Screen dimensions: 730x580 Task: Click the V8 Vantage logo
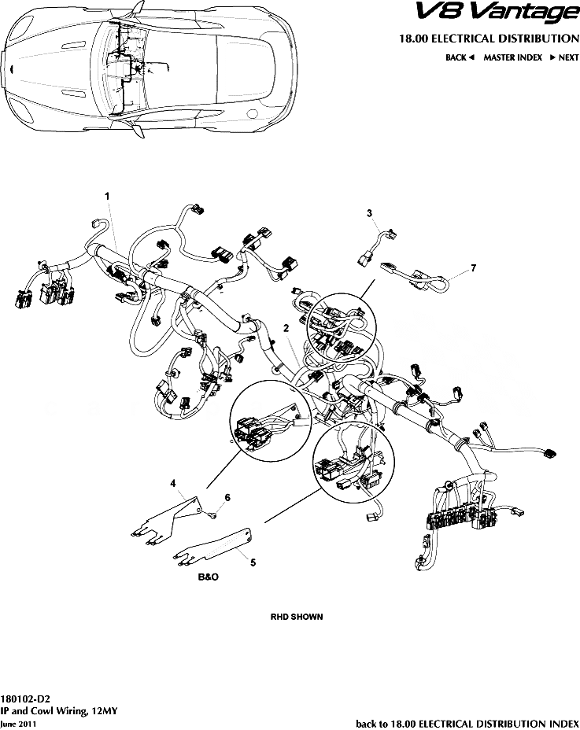(507, 13)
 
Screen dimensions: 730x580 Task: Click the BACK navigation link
(459, 57)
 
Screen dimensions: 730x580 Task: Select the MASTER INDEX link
(512, 57)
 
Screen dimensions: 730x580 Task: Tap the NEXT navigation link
(564, 57)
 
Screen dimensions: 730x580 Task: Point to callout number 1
(107, 194)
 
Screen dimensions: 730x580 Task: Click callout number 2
(286, 326)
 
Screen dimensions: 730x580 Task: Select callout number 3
(368, 213)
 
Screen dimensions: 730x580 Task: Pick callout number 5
(252, 562)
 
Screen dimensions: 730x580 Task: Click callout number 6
(228, 497)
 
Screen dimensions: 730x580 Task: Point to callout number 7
(474, 268)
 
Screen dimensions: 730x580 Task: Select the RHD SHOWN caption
(296, 617)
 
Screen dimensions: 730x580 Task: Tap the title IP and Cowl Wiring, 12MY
(59, 710)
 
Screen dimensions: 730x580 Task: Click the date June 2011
(18, 723)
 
